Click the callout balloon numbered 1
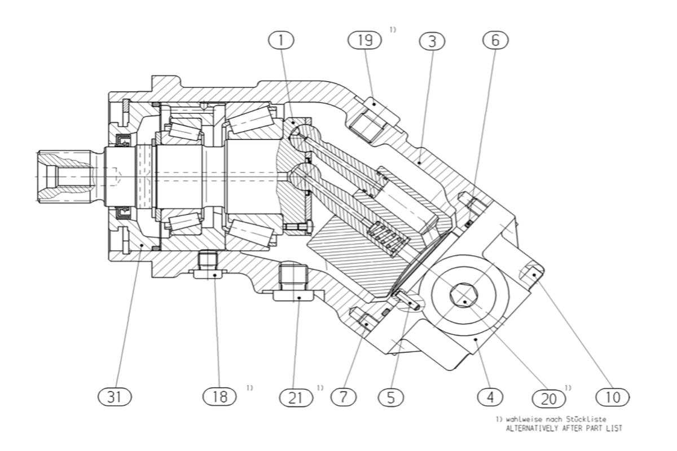click(281, 41)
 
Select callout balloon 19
click(365, 40)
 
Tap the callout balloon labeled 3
click(432, 41)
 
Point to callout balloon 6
click(496, 40)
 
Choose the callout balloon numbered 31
click(115, 397)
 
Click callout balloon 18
click(219, 396)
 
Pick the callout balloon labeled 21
click(296, 397)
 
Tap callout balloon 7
click(344, 397)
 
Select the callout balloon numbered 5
click(391, 397)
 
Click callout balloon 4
click(490, 397)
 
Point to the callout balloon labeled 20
click(548, 399)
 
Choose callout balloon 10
click(613, 397)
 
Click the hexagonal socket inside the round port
click(464, 295)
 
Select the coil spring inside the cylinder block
click(388, 238)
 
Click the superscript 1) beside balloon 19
click(393, 30)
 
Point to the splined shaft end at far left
click(65, 176)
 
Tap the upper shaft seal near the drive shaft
click(123, 140)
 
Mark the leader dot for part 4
click(476, 339)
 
